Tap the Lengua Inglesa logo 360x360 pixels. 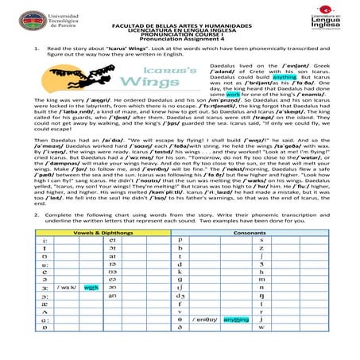tap(335, 18)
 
